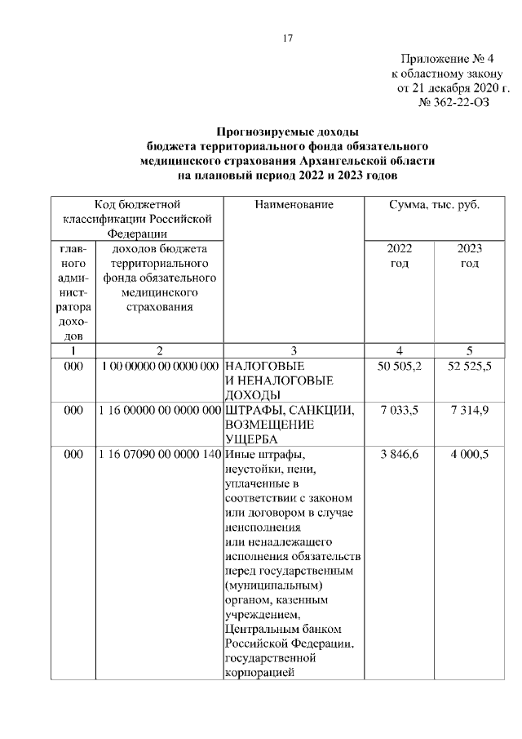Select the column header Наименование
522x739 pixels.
294,205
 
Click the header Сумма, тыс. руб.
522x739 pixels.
434,205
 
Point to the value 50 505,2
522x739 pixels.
400,366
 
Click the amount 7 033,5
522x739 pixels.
400,410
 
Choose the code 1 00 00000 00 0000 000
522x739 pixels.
159,366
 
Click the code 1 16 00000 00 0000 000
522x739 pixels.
159,410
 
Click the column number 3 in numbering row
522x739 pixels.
294,350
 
